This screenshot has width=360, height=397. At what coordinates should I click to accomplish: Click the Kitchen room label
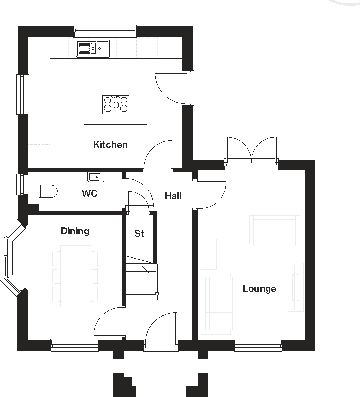110,145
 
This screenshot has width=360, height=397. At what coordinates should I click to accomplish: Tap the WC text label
90,193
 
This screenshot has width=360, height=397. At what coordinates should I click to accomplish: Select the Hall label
173,196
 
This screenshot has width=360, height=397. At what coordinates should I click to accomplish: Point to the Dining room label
75,231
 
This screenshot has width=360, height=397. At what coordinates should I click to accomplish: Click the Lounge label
259,289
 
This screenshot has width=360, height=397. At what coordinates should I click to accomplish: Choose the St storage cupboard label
140,233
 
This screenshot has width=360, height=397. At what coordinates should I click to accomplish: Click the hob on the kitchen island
116,105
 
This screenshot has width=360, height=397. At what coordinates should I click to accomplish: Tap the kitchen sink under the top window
92,49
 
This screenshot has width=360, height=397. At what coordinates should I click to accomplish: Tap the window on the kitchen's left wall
23,94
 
